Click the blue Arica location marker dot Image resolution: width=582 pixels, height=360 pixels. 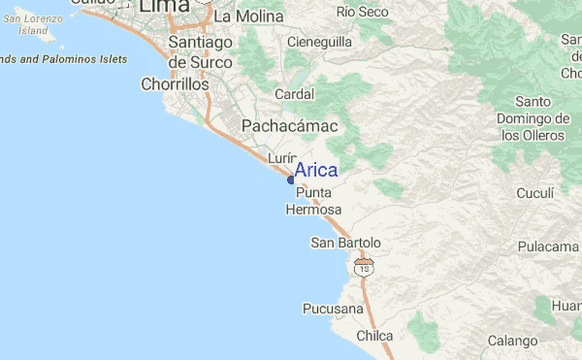[x=291, y=180]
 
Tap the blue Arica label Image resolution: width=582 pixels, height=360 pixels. [x=316, y=171]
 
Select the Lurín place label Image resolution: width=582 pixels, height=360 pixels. [x=281, y=158]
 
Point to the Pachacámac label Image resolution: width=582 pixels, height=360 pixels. [x=289, y=126]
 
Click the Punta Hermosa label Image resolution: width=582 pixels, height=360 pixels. [x=313, y=201]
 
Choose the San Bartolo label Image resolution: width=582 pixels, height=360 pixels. [x=345, y=242]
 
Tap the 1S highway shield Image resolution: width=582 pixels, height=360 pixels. [x=363, y=267]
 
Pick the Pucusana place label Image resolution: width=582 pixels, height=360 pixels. [x=333, y=309]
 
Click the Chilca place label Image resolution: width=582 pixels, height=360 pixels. [x=374, y=336]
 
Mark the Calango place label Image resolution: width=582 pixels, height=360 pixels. [x=512, y=341]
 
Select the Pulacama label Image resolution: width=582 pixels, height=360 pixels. [x=548, y=246]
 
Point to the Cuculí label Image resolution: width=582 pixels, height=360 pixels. [x=534, y=193]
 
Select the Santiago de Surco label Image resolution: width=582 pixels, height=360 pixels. [x=200, y=51]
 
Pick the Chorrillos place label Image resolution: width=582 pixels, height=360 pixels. [x=175, y=84]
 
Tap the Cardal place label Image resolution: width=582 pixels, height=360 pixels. [x=294, y=95]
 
